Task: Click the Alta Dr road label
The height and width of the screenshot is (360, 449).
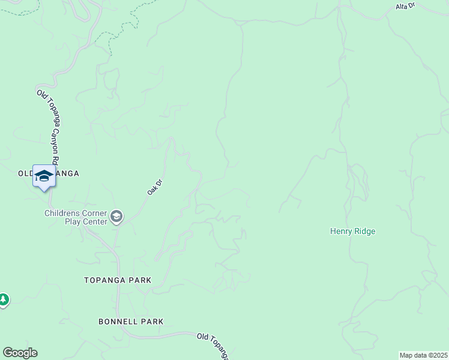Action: click(405, 7)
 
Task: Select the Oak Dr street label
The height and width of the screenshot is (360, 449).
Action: click(155, 187)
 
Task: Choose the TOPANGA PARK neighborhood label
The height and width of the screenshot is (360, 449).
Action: click(118, 280)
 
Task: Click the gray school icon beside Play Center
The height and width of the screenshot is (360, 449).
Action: click(116, 217)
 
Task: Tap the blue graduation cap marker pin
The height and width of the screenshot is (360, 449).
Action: click(44, 176)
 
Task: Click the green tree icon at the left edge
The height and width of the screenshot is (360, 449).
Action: click(3, 299)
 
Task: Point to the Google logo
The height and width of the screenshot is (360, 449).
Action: click(20, 353)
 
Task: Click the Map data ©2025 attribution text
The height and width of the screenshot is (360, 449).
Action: click(423, 355)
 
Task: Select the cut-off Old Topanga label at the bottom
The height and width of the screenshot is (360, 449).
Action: click(212, 346)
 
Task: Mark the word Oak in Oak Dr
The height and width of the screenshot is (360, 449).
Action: click(152, 190)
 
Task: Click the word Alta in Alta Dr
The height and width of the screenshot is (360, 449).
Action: click(402, 6)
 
